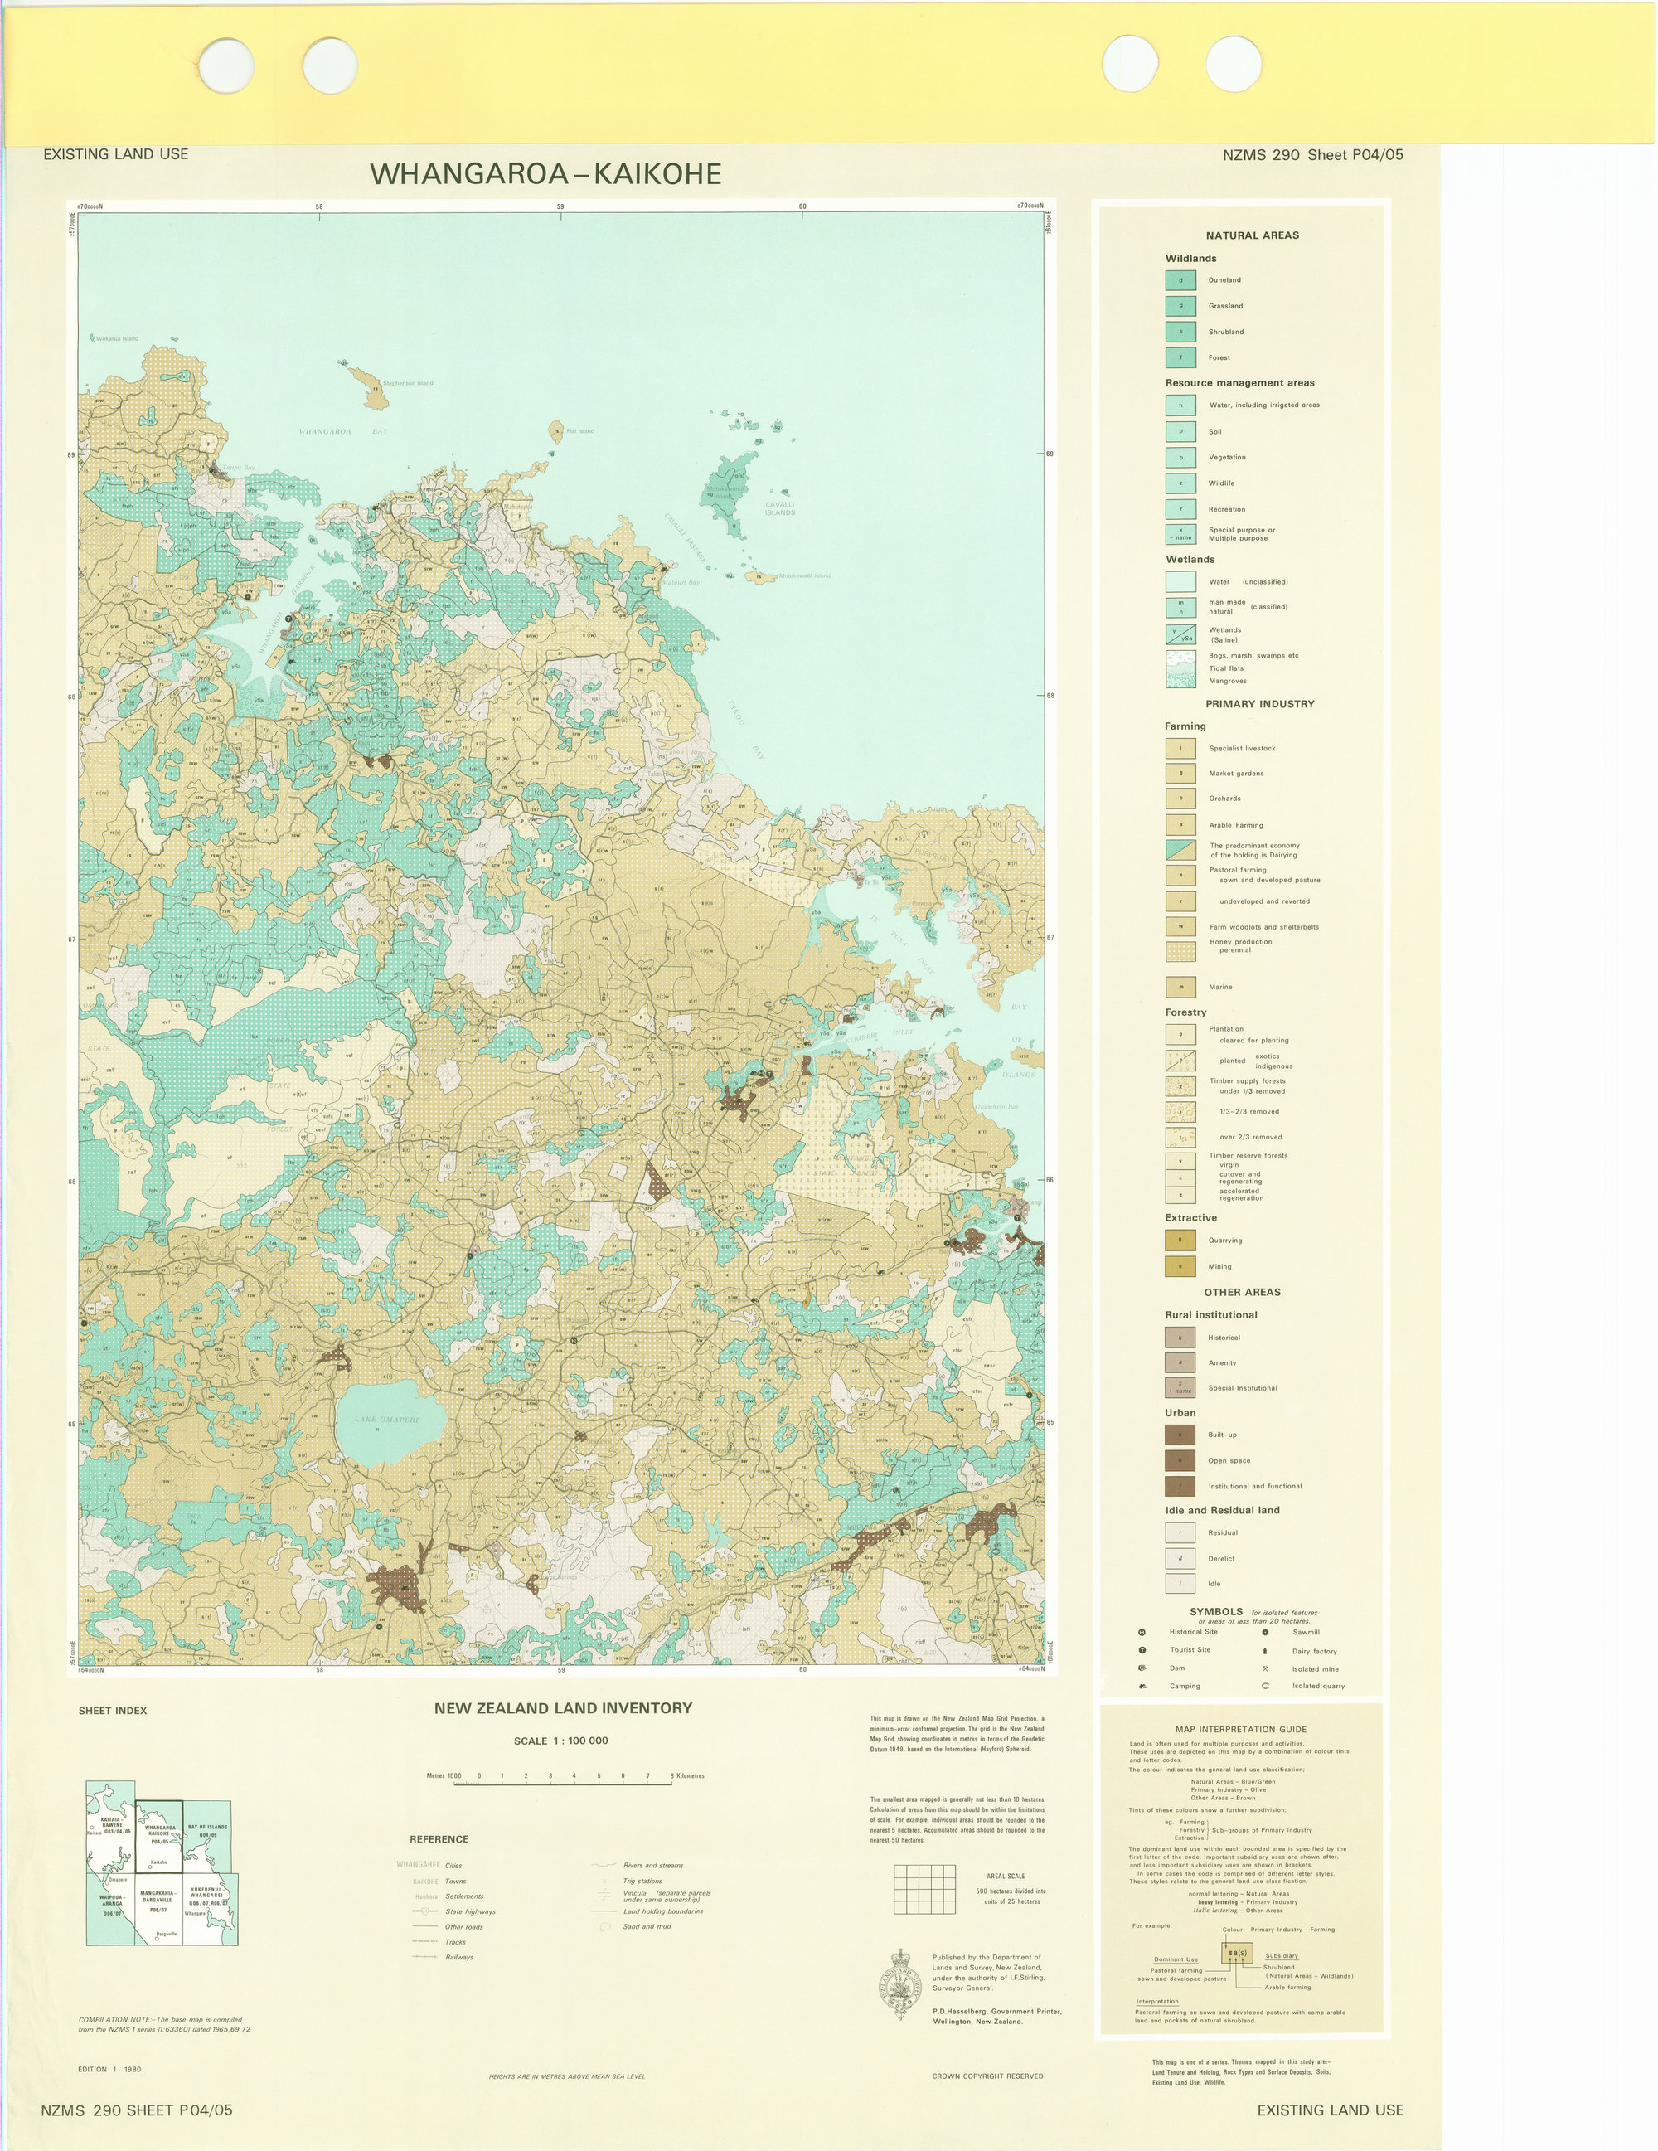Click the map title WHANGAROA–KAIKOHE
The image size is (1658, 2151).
(545, 174)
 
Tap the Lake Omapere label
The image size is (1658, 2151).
(387, 1420)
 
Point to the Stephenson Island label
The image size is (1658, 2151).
(408, 383)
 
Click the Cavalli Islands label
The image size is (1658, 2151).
(780, 508)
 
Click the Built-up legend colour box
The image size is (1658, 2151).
(1180, 1435)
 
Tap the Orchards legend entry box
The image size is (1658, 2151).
(1180, 799)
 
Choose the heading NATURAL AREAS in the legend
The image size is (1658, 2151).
(1253, 235)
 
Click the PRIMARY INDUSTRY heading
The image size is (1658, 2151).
(1259, 704)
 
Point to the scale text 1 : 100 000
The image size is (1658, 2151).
(561, 1741)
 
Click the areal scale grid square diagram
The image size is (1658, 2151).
(924, 1889)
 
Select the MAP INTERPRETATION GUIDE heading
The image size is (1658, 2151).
(1240, 1728)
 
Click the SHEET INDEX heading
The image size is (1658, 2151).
(112, 1711)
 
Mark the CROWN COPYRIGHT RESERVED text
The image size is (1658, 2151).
(987, 2076)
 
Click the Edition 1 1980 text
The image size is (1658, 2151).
(109, 2069)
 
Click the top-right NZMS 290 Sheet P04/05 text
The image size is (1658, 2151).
(1312, 154)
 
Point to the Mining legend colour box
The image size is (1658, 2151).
(1180, 1266)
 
